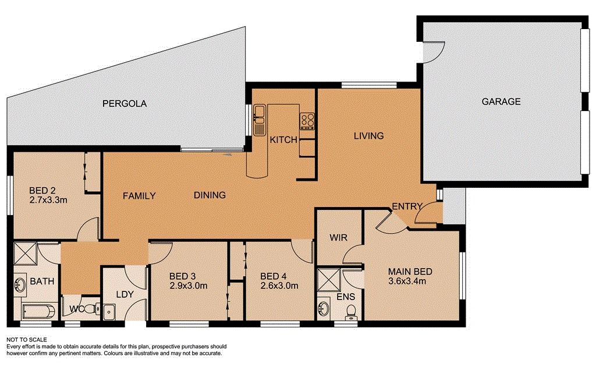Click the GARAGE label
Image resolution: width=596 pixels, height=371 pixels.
click(501, 102)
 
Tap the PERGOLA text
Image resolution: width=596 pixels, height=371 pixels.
click(125, 104)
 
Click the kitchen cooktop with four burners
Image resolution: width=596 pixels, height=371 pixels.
click(307, 121)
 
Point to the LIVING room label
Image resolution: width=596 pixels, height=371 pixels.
click(369, 136)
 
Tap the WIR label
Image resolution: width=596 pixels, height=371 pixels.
click(339, 238)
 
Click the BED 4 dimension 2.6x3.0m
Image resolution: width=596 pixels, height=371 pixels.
click(279, 286)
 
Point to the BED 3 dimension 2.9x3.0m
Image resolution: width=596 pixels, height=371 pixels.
click(189, 286)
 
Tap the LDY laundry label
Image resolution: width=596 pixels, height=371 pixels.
click(125, 294)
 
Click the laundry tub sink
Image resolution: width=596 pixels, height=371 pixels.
click(109, 312)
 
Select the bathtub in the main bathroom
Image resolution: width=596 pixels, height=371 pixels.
click(36, 310)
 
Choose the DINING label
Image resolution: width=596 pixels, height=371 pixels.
click(210, 195)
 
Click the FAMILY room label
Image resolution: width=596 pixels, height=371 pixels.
click(139, 196)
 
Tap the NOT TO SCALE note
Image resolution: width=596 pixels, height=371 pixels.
click(26, 340)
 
